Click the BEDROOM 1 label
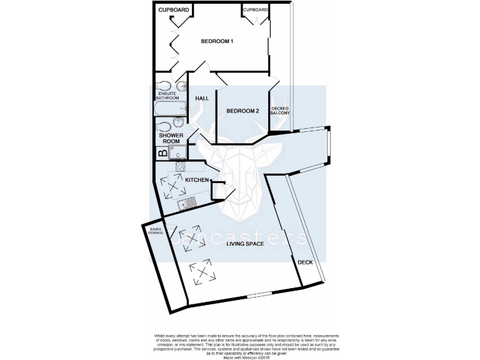pyautogui.click(x=217, y=42)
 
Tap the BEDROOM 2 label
pyautogui.click(x=242, y=111)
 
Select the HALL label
pyautogui.click(x=202, y=99)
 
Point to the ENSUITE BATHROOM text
pyautogui.click(x=167, y=96)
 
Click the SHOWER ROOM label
pyautogui.click(x=171, y=138)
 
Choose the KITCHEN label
pyautogui.click(x=197, y=180)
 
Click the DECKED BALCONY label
pyautogui.click(x=281, y=111)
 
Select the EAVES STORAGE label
pyautogui.click(x=156, y=231)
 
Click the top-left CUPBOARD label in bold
pyautogui.click(x=172, y=10)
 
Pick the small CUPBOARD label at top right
pyautogui.click(x=256, y=10)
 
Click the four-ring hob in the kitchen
pyautogui.click(x=180, y=167)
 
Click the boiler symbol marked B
pyautogui.click(x=162, y=152)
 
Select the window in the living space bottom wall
pyautogui.click(x=259, y=295)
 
